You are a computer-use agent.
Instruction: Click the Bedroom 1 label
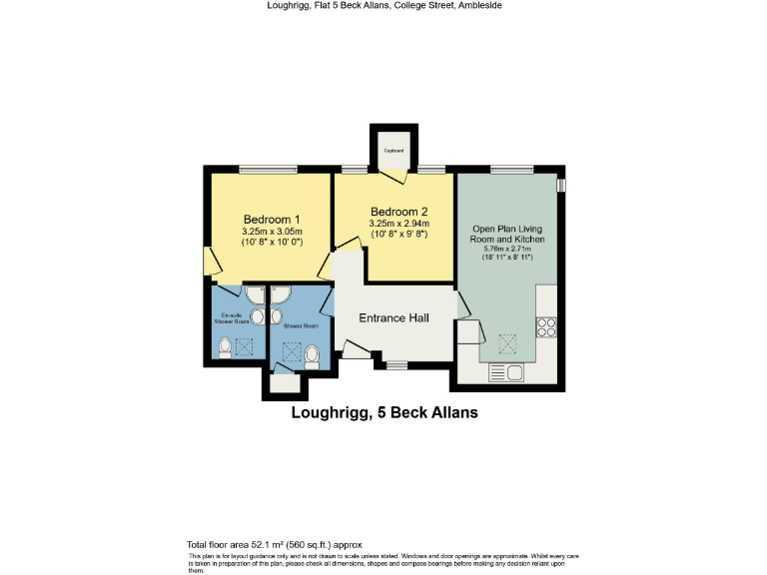272,219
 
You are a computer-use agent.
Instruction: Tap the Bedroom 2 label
398,212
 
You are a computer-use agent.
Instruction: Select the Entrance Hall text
394,318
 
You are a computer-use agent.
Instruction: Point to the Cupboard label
394,151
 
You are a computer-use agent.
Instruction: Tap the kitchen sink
506,373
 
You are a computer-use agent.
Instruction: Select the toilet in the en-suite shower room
225,347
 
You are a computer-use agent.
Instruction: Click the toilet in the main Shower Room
312,354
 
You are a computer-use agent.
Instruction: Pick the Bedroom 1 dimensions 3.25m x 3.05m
272,232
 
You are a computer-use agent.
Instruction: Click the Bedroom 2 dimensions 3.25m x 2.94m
398,224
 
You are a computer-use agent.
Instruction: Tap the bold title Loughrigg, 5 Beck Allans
384,412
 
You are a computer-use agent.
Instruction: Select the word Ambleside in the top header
477,6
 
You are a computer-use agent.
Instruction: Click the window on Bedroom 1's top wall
267,169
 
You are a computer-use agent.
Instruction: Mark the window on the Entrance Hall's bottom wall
396,365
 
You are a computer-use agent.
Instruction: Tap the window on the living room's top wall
510,169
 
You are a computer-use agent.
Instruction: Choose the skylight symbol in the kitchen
507,344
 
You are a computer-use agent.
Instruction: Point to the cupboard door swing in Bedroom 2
398,178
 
